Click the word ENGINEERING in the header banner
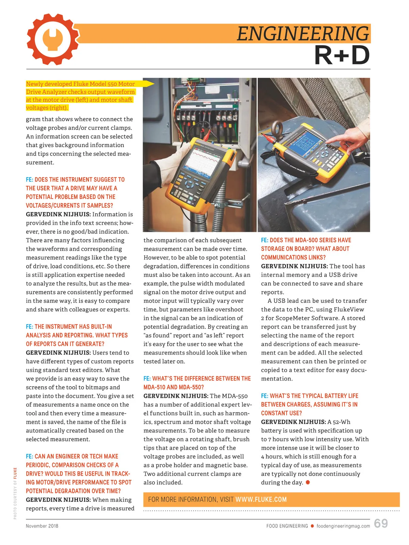pos(303,34)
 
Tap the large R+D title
pos(342,56)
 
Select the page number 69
pos(381,524)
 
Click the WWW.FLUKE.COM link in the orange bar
pos(261,500)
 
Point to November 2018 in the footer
pos(42,526)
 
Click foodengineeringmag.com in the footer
pos(343,526)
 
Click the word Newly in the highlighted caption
pos(34,84)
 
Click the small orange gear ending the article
pos(308,483)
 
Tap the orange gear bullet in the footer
pos(312,526)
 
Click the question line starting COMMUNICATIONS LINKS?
pos(293,258)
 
